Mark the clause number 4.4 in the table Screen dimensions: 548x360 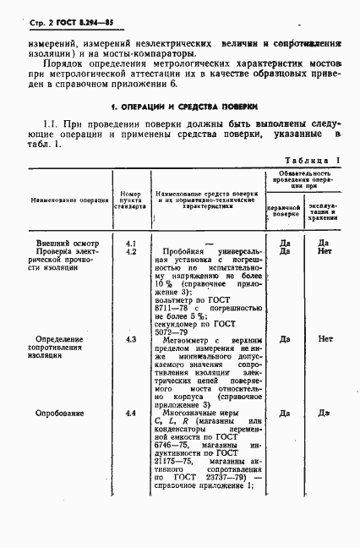tap(131, 414)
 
